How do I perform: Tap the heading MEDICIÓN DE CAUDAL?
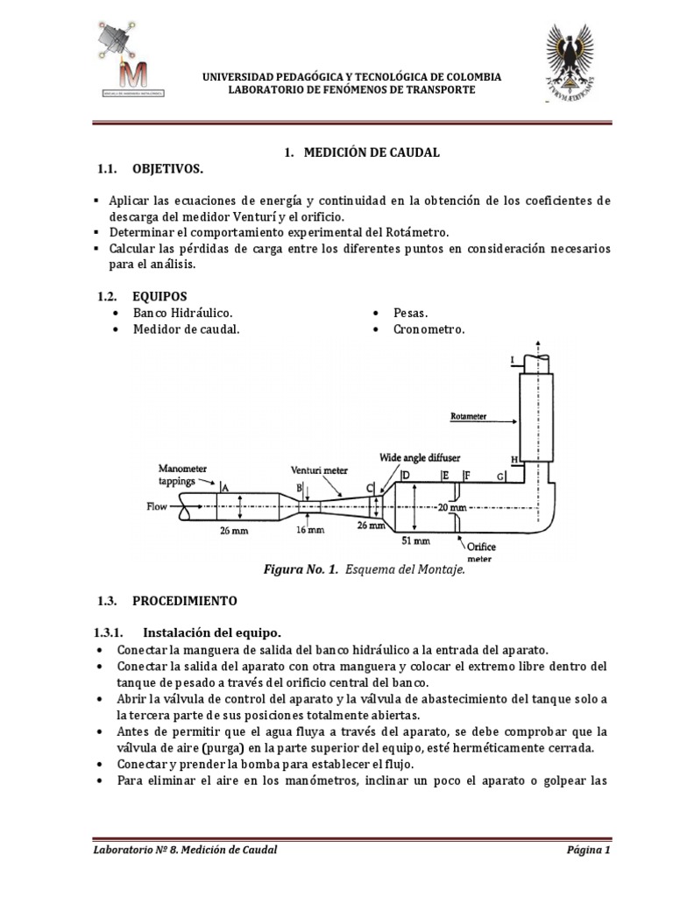[371, 152]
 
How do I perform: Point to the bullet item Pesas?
[409, 313]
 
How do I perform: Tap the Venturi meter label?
[319, 470]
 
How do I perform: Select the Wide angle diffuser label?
[420, 458]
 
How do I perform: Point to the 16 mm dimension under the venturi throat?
[310, 530]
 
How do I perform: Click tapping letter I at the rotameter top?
[512, 360]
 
